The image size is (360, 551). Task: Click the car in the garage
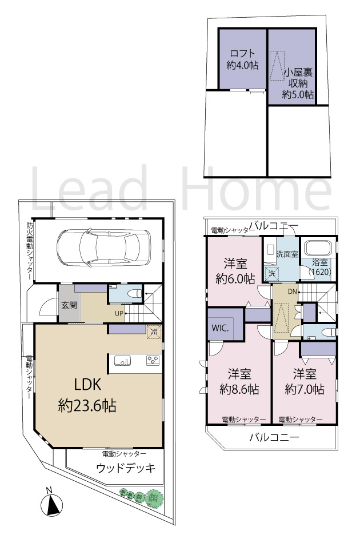pyautogui.click(x=103, y=247)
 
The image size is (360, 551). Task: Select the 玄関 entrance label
pyautogui.click(x=69, y=305)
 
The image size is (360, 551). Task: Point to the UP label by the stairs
pyautogui.click(x=119, y=313)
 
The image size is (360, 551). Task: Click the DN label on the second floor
pyautogui.click(x=292, y=292)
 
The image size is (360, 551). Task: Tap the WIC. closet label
pyautogui.click(x=220, y=328)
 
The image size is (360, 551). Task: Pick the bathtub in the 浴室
pyautogui.click(x=318, y=248)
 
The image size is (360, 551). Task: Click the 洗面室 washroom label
pyautogui.click(x=287, y=254)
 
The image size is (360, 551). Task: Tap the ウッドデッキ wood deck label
pyautogui.click(x=126, y=468)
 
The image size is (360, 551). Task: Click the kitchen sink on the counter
pyautogui.click(x=123, y=361)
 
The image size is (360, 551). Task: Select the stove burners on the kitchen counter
pyautogui.click(x=153, y=360)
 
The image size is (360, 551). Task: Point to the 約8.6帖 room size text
pyautogui.click(x=239, y=389)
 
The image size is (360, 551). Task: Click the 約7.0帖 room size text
pyautogui.click(x=305, y=389)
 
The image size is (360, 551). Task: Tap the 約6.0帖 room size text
pyautogui.click(x=235, y=279)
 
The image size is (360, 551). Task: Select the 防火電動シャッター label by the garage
pyautogui.click(x=30, y=251)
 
